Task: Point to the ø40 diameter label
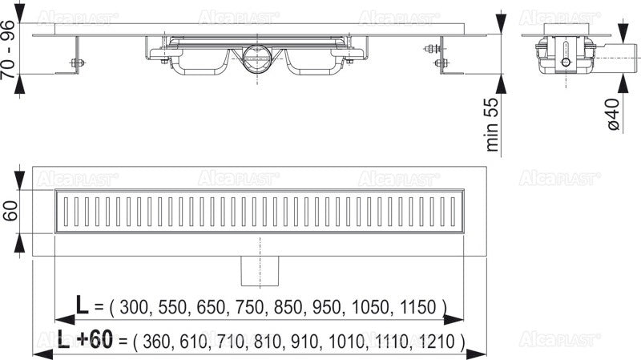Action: (x=612, y=114)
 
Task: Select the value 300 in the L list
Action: (x=134, y=306)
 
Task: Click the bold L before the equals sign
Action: (x=82, y=305)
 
